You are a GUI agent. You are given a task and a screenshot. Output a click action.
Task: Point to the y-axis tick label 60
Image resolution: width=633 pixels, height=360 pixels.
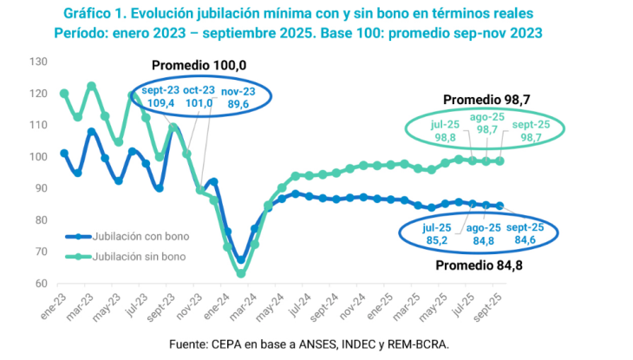(x=39, y=284)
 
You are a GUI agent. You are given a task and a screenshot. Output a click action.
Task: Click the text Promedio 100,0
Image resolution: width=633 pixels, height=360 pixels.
(x=199, y=66)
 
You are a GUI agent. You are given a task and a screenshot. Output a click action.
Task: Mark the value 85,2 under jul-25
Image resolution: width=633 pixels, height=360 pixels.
(x=436, y=240)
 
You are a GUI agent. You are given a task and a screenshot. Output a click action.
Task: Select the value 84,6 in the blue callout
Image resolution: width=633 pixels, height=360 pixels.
(x=525, y=240)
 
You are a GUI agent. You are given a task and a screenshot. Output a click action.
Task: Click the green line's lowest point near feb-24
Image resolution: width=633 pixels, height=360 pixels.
(x=241, y=273)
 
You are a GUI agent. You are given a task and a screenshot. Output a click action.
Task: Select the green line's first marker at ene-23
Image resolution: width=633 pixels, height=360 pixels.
(x=64, y=94)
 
